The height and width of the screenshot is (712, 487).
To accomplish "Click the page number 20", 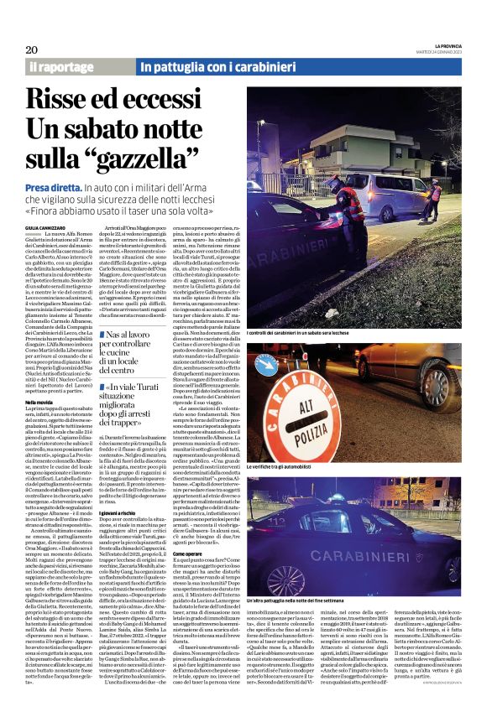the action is [x=31, y=49].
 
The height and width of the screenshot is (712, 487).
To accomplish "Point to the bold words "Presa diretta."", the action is [x=52, y=188].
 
